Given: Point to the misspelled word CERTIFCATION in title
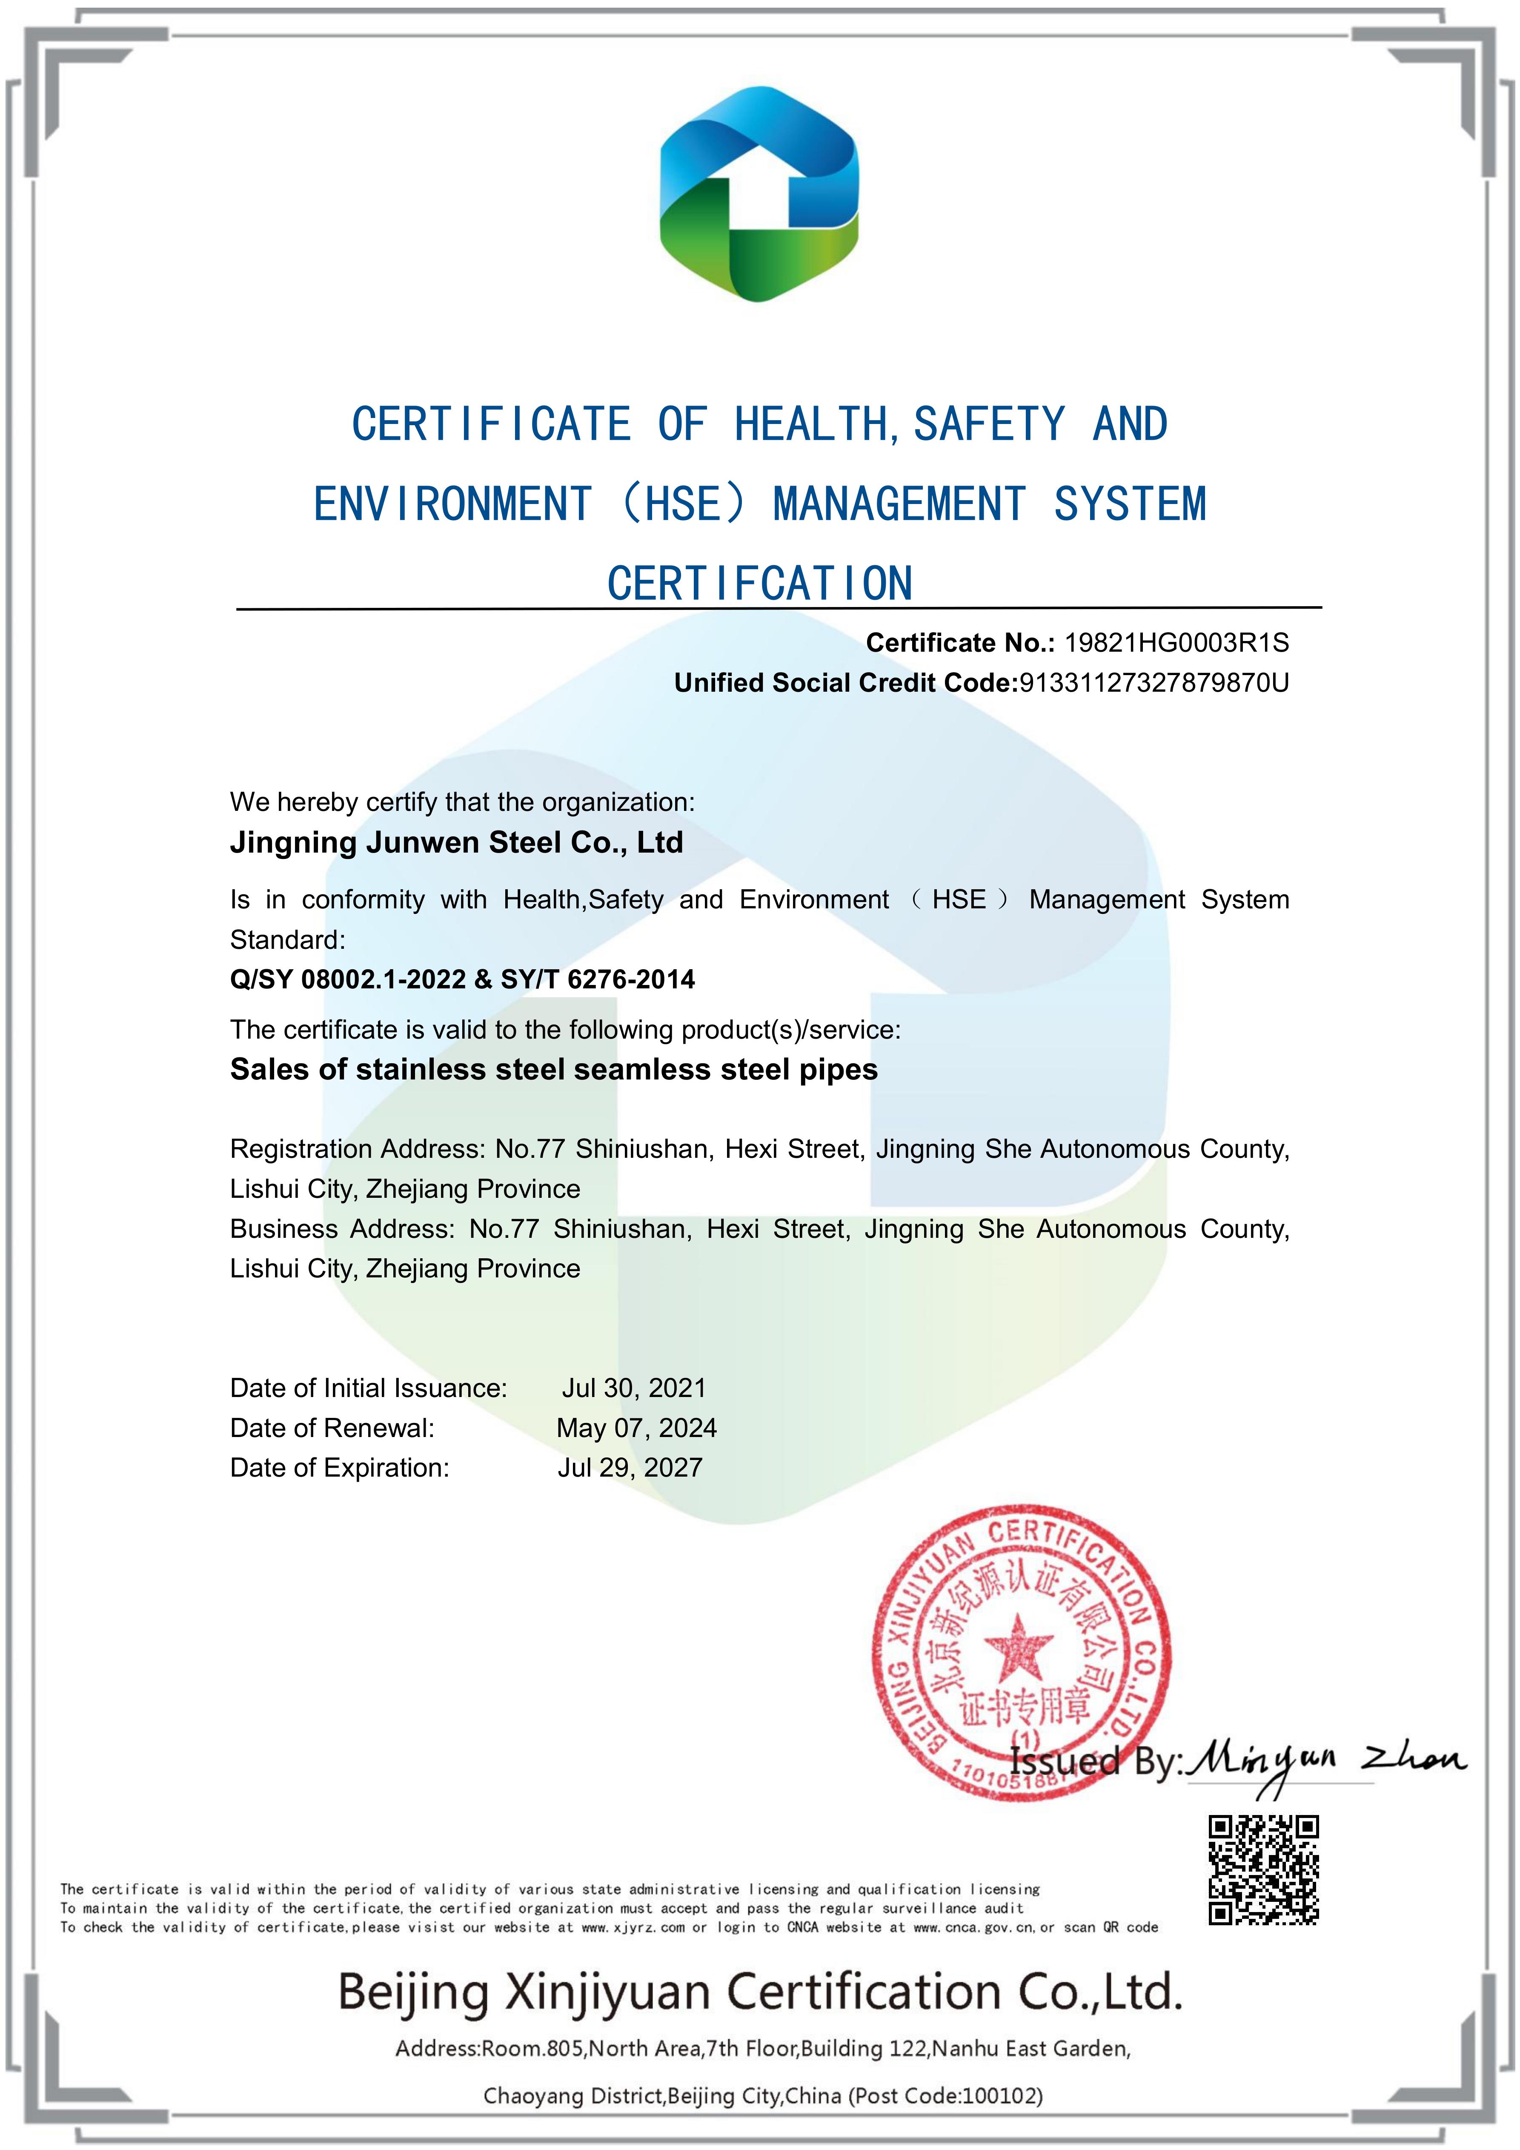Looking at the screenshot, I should pyautogui.click(x=759, y=584).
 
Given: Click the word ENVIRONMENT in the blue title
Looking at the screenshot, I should pyautogui.click(x=452, y=504).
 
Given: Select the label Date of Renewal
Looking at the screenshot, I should pyautogui.click(x=332, y=1428).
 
